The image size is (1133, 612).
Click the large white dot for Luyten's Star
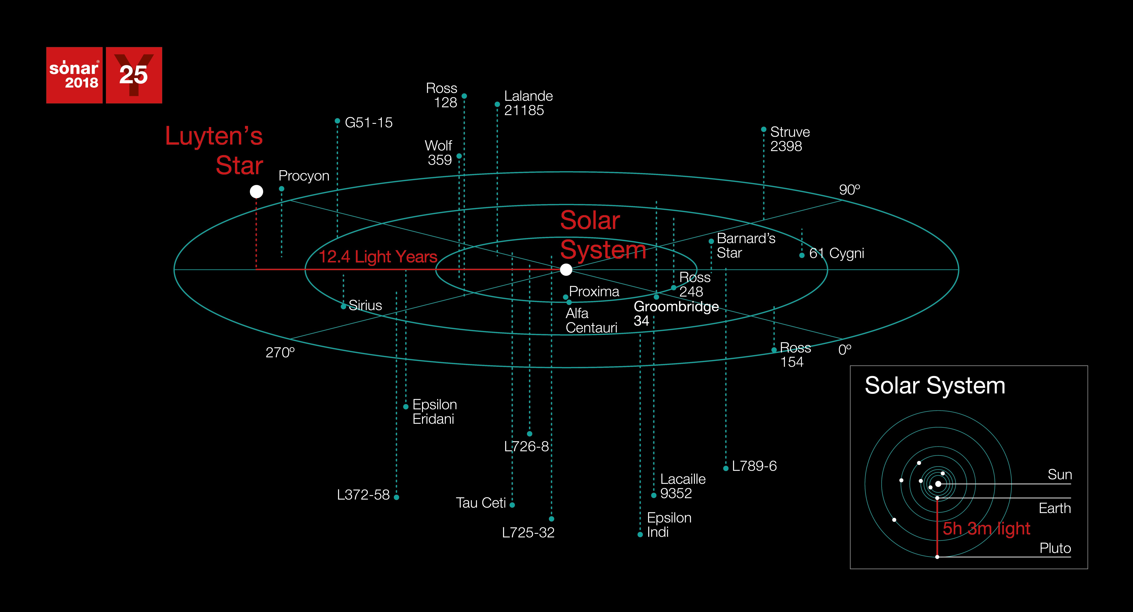(x=256, y=191)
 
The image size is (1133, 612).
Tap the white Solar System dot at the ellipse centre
(x=566, y=269)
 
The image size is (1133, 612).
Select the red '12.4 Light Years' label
(x=378, y=257)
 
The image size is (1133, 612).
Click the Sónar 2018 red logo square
(x=74, y=75)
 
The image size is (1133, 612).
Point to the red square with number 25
(x=134, y=75)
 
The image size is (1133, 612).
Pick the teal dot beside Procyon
(x=282, y=189)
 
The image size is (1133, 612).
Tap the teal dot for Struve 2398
(x=763, y=129)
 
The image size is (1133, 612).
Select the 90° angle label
(x=849, y=190)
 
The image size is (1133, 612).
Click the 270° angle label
(x=280, y=352)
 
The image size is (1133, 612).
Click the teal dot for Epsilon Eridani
(x=406, y=406)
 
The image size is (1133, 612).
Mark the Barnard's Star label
(x=746, y=246)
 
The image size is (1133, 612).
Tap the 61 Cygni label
(x=837, y=253)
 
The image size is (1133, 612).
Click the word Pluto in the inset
(x=1055, y=548)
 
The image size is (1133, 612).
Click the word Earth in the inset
(x=1055, y=508)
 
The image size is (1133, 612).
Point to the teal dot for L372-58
(x=396, y=497)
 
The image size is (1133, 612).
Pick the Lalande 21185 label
(x=528, y=103)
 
